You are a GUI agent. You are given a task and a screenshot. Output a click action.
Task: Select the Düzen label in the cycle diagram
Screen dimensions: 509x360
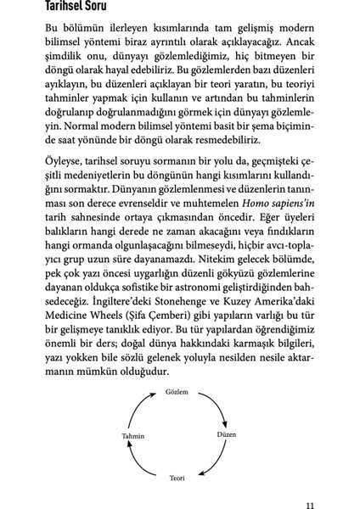pyautogui.click(x=225, y=434)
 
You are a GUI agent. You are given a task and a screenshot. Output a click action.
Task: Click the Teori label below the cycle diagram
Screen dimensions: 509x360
pyautogui.click(x=177, y=477)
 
